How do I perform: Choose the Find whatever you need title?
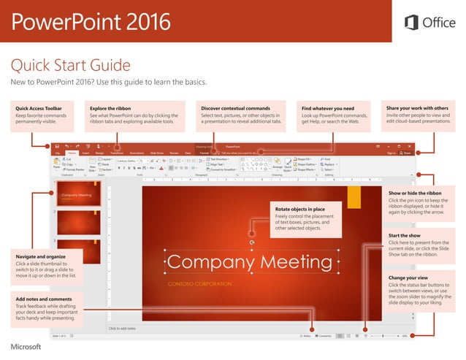pos(328,108)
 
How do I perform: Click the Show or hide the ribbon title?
pos(420,193)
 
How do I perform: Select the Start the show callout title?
pos(404,235)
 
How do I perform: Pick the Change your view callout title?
pos(408,277)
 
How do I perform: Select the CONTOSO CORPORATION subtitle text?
pos(200,283)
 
